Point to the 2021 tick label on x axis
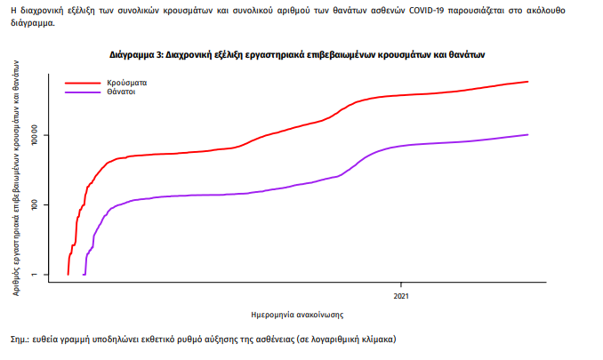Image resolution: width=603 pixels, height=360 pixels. click(x=402, y=295)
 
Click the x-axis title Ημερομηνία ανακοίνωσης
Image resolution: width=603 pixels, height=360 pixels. click(x=298, y=315)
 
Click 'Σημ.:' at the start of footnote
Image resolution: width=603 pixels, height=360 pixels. click(x=20, y=340)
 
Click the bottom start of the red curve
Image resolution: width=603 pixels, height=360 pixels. click(x=68, y=275)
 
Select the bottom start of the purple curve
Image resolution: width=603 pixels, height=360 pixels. click(x=84, y=275)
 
